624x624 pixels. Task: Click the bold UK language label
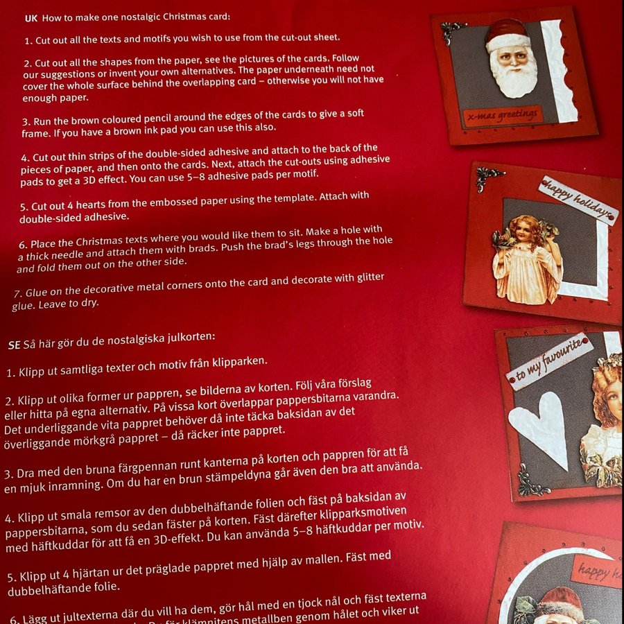(x=31, y=19)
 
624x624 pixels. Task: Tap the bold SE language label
(x=15, y=345)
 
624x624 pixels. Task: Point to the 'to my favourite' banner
(x=549, y=362)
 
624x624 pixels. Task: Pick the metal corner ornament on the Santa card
(x=452, y=32)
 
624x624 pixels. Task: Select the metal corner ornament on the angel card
(x=487, y=177)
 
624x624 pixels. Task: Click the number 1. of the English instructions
(x=28, y=42)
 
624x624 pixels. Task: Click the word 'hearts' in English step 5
(x=90, y=204)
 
